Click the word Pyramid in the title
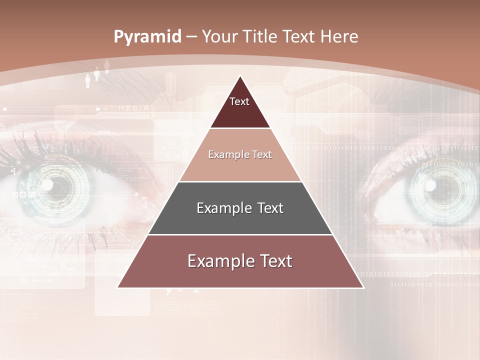pos(147,37)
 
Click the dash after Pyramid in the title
pos(191,37)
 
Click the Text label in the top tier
pos(239,101)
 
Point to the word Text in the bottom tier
pos(274,261)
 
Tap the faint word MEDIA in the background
pos(133,108)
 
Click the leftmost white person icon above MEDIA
pos(88,78)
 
